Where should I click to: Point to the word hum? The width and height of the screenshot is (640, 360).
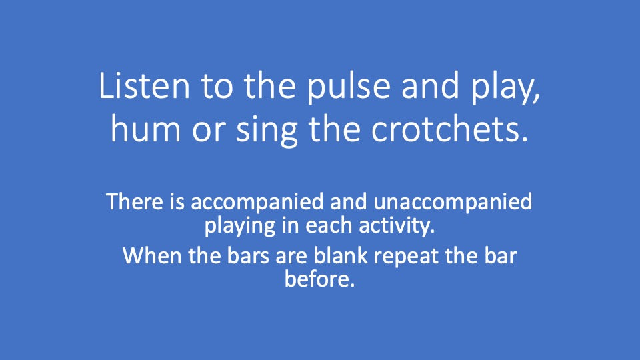[x=141, y=131]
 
